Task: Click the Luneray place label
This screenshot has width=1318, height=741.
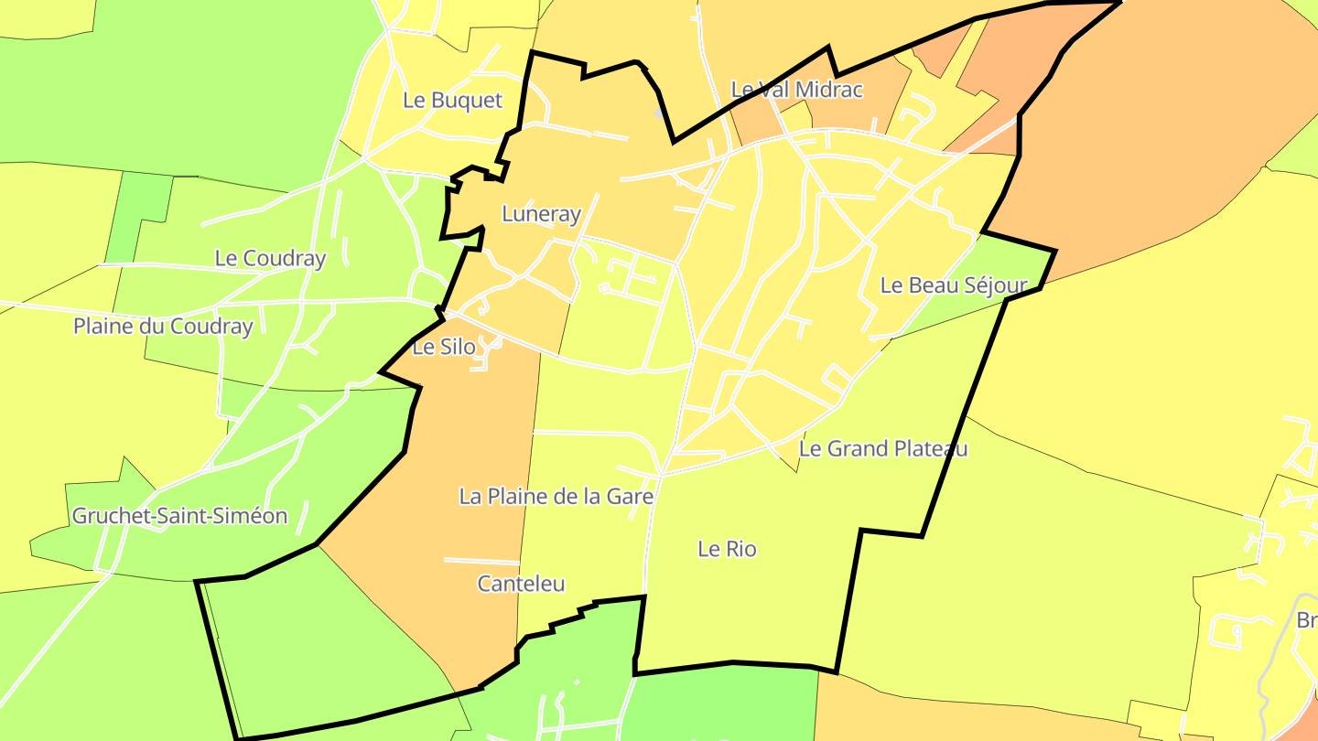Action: point(541,214)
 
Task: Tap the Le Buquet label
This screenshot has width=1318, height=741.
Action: point(452,101)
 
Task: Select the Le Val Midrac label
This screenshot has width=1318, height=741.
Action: point(796,90)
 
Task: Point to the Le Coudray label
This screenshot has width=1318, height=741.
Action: point(270,259)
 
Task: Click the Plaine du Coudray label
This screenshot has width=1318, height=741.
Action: point(163,327)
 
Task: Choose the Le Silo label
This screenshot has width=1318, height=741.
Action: point(444,348)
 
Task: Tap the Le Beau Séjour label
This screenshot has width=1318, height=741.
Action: point(954,285)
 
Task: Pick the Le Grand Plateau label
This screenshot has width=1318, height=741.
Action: point(882,449)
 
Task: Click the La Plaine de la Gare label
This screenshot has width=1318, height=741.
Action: point(556,497)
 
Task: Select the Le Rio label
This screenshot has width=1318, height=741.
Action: point(727,550)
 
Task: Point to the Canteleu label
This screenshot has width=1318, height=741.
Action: point(521,584)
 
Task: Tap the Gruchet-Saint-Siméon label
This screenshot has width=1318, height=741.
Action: point(179,516)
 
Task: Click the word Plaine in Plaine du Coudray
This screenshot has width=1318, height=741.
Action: point(103,327)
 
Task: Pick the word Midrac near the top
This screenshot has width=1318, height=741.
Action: point(827,90)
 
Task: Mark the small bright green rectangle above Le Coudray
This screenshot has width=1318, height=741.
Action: point(139,216)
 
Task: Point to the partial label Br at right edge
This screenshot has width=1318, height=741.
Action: point(1306,621)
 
